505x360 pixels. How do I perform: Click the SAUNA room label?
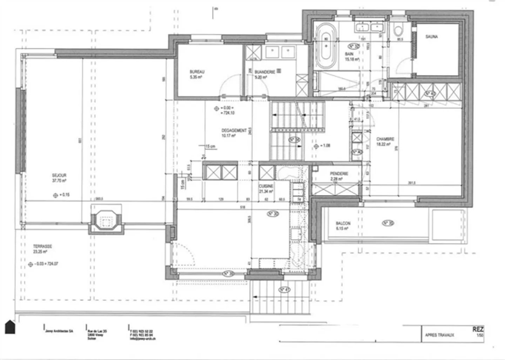(x=431, y=36)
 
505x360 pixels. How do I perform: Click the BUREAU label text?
(x=197, y=72)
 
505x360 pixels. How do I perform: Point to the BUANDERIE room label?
(x=265, y=72)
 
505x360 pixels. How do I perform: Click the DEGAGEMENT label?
(x=234, y=130)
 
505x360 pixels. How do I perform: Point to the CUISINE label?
(x=266, y=186)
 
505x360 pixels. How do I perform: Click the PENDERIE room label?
(x=339, y=174)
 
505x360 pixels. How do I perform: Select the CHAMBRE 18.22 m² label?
(x=385, y=139)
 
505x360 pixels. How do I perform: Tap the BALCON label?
(x=343, y=223)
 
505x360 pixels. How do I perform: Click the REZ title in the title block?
(x=478, y=329)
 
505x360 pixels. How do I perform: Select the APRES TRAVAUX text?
(x=439, y=335)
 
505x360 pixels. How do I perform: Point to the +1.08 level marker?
(x=322, y=146)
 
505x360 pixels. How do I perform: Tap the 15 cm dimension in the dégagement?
(x=210, y=146)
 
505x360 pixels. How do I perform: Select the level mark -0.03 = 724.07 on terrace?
(x=43, y=264)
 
